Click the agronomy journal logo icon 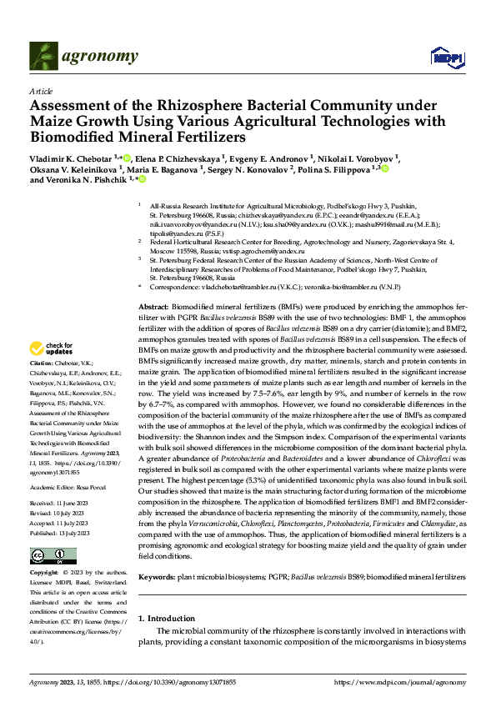point(44,56)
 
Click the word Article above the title point(40,91)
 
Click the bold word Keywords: point(158,576)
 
